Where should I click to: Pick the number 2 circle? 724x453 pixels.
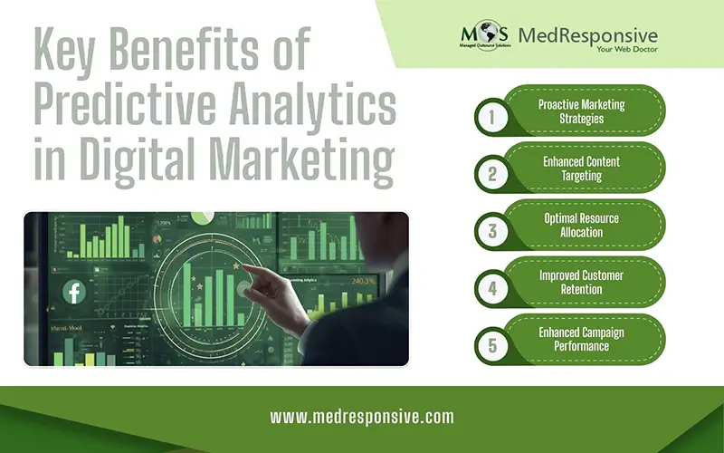coord(491,173)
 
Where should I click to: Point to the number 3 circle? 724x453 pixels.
coord(492,230)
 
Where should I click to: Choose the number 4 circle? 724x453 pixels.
coord(492,287)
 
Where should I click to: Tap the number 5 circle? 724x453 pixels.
coord(492,344)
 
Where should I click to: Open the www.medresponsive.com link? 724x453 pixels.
coord(362,418)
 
